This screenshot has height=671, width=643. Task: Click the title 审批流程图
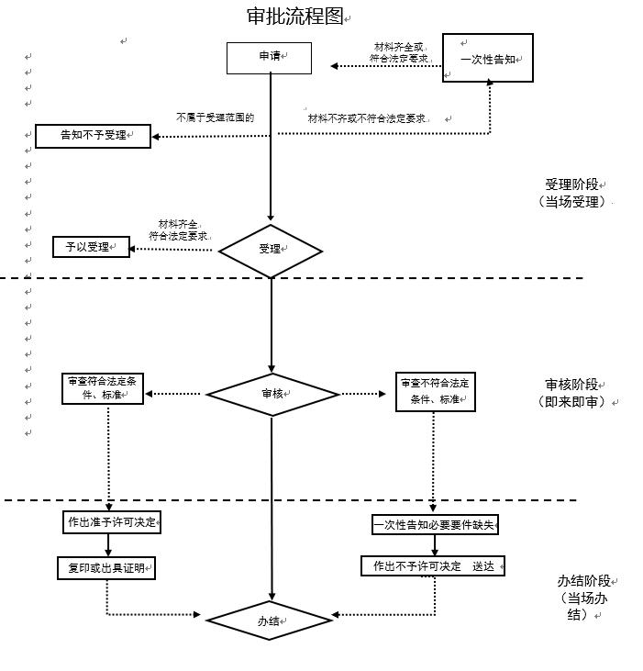pyautogui.click(x=294, y=17)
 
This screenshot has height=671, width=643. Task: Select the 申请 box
pyautogui.click(x=269, y=57)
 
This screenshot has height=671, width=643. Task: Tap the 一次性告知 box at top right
pyautogui.click(x=488, y=58)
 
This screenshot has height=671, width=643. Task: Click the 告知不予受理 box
pyautogui.click(x=93, y=136)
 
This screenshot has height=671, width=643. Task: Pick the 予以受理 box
pyautogui.click(x=91, y=247)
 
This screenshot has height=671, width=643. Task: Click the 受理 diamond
pyautogui.click(x=271, y=250)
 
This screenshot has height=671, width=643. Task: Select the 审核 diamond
pyautogui.click(x=272, y=394)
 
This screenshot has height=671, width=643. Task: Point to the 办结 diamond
pyautogui.click(x=269, y=621)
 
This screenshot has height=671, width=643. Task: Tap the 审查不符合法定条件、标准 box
pyautogui.click(x=436, y=392)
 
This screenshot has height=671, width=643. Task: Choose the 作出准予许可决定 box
pyautogui.click(x=111, y=522)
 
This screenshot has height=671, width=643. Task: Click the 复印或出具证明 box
pyautogui.click(x=106, y=568)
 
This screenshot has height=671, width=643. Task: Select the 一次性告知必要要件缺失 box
pyautogui.click(x=435, y=525)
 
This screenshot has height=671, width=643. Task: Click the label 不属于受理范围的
pyautogui.click(x=215, y=117)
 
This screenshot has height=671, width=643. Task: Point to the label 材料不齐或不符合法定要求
pyautogui.click(x=367, y=118)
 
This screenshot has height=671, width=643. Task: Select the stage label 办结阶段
pyautogui.click(x=583, y=581)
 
